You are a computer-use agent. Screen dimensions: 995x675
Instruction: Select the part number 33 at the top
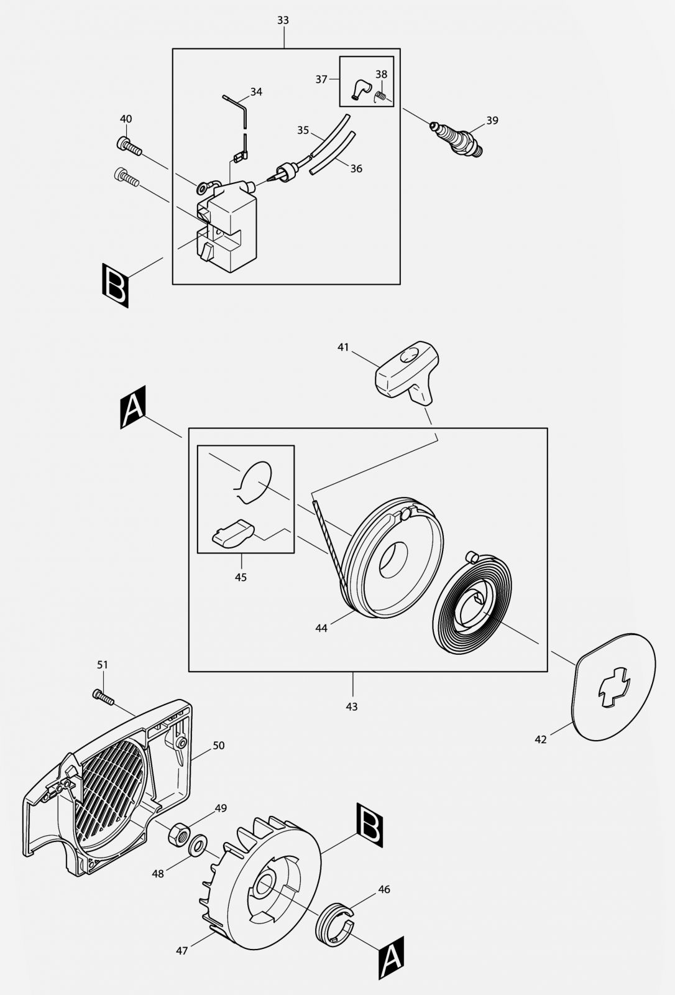(x=283, y=21)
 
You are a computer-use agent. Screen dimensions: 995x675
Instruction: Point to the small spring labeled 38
(x=382, y=95)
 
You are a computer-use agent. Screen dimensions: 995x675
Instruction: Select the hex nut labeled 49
(x=178, y=831)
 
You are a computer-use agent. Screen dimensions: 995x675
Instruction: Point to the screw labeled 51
(x=103, y=696)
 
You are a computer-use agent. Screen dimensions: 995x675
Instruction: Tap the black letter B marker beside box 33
(x=116, y=286)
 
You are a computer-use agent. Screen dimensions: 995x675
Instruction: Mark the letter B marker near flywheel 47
(x=370, y=825)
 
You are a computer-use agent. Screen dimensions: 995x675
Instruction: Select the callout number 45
(x=241, y=578)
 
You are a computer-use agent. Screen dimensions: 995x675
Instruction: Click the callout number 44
(x=321, y=629)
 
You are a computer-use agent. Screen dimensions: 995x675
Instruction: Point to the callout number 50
(x=218, y=745)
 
